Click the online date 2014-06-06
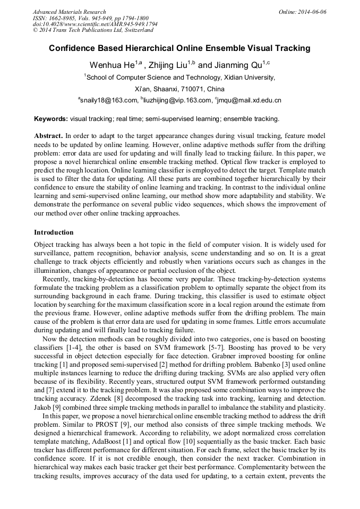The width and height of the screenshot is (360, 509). (x=310, y=12)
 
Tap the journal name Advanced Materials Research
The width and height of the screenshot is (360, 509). (x=69, y=12)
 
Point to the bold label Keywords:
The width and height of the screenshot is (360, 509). (x=51, y=119)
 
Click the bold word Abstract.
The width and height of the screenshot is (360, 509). (x=48, y=136)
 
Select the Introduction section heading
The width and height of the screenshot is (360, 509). (x=54, y=232)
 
